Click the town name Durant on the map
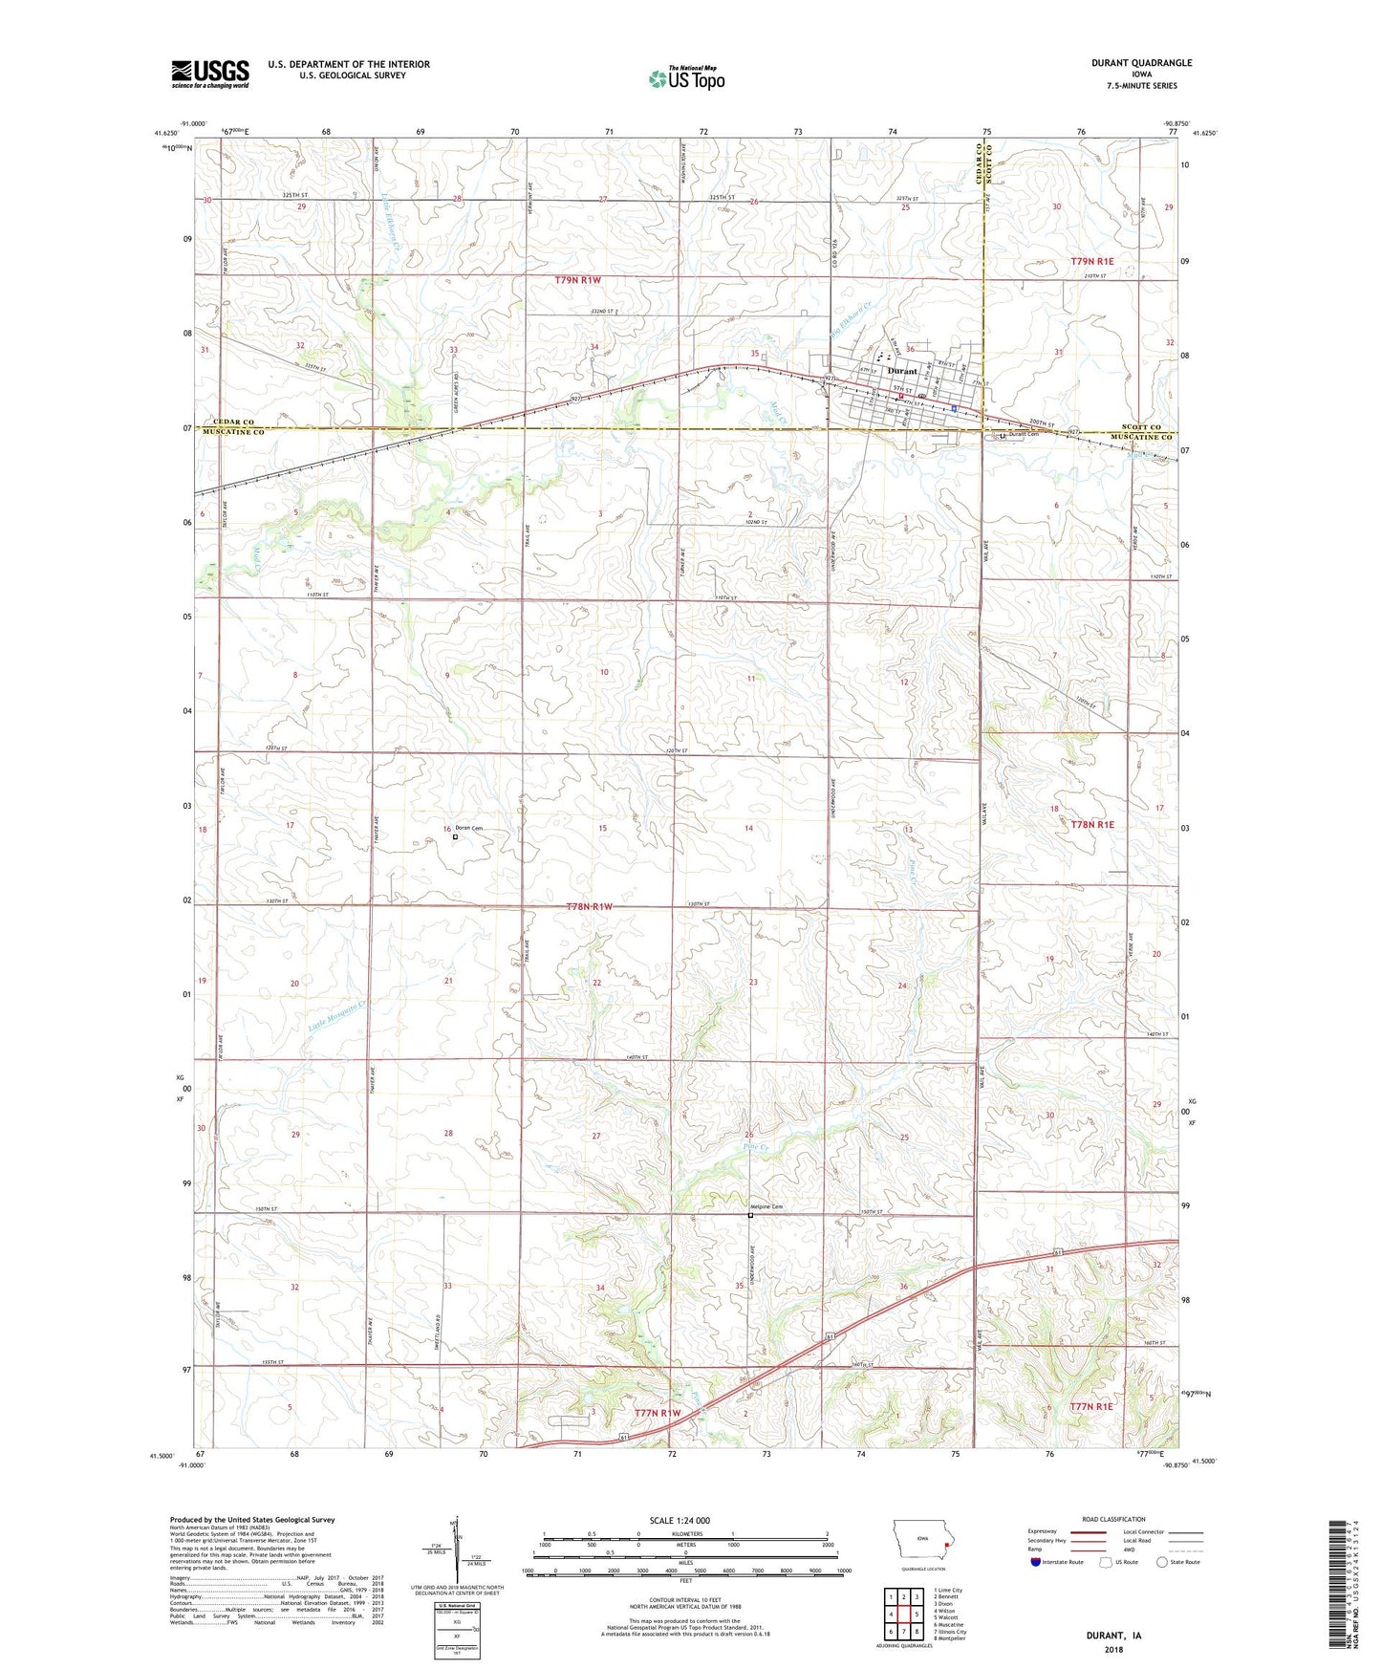901,371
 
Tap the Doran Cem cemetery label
470,828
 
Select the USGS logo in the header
209,73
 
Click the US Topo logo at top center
686,78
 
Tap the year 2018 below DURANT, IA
1113,1650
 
